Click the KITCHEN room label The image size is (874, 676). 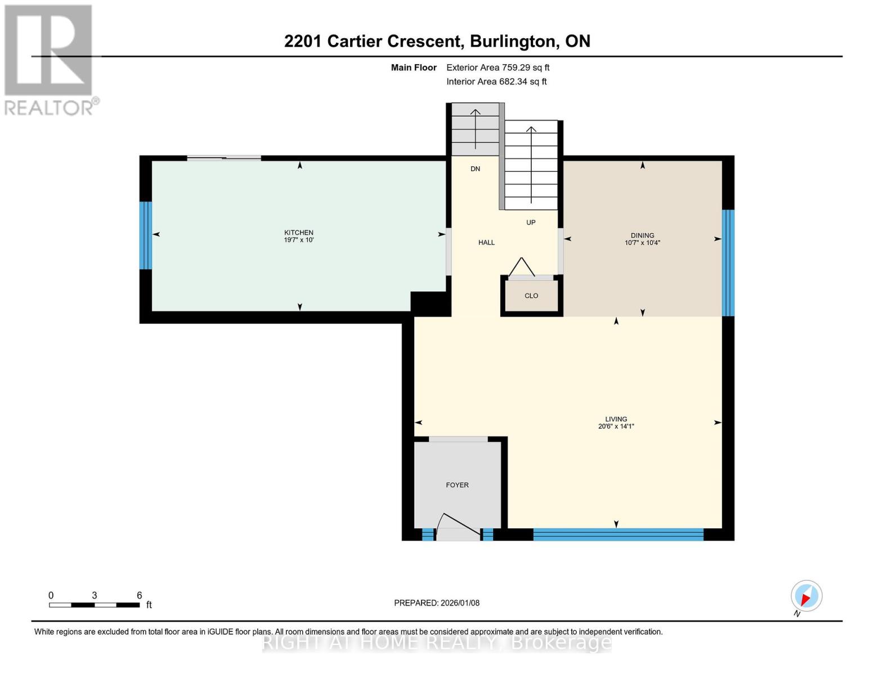(298, 232)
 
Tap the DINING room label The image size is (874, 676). (642, 235)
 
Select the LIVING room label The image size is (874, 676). (616, 419)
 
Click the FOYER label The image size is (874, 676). (457, 485)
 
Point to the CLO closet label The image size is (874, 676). (531, 296)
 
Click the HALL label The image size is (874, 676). (486, 242)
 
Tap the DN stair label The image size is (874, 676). (475, 169)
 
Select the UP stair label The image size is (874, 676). (531, 223)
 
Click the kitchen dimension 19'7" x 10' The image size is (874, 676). (298, 240)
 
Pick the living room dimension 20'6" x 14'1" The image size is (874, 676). (616, 426)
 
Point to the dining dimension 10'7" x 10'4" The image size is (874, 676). (642, 243)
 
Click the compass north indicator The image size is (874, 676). (806, 596)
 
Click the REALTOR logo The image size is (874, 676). (50, 59)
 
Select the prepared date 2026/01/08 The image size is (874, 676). (437, 603)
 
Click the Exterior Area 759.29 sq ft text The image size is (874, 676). (497, 68)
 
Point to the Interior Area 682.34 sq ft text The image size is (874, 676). (496, 82)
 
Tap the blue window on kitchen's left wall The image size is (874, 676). (146, 235)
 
